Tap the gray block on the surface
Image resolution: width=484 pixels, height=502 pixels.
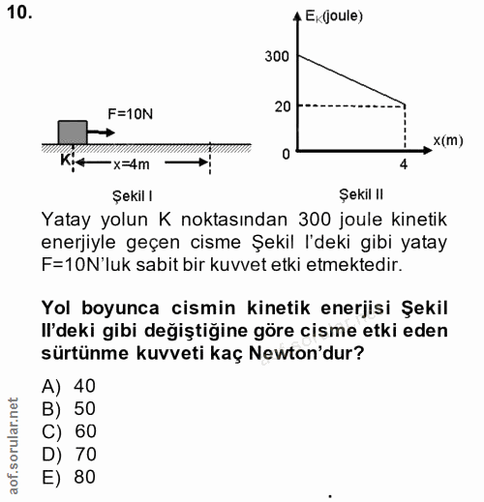point(73,132)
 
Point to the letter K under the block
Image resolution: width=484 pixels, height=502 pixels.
point(66,159)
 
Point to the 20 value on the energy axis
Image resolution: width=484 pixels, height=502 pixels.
point(282,104)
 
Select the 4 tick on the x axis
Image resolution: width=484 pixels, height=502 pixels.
point(403,164)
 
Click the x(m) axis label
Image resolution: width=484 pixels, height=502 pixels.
point(447,139)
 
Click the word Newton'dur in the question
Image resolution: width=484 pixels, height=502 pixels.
point(308,353)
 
